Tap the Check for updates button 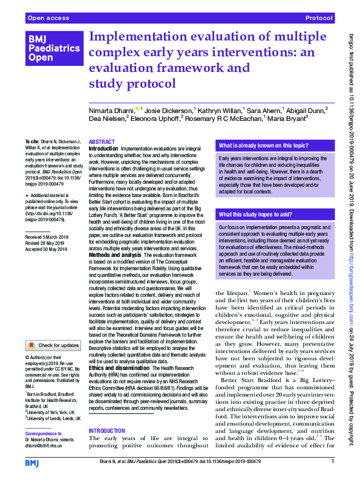click(53, 345)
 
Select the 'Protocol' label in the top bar click(319, 19)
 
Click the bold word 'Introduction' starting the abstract click(103, 148)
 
